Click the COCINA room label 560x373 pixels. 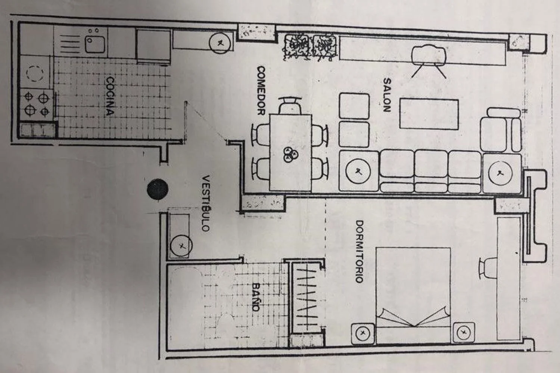(x=110, y=96)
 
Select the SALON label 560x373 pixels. (x=387, y=95)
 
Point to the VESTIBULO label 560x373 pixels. (x=205, y=203)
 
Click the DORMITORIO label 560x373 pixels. (x=359, y=251)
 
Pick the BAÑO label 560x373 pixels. (x=255, y=297)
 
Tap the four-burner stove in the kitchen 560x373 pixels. (x=37, y=105)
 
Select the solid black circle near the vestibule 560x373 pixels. (x=158, y=189)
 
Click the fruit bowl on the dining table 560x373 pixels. (x=290, y=154)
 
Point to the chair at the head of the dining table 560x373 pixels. (x=290, y=106)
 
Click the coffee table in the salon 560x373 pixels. (x=429, y=114)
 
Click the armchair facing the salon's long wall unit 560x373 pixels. (x=429, y=61)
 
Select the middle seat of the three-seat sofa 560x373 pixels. (x=431, y=171)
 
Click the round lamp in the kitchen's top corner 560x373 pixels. (x=220, y=43)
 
